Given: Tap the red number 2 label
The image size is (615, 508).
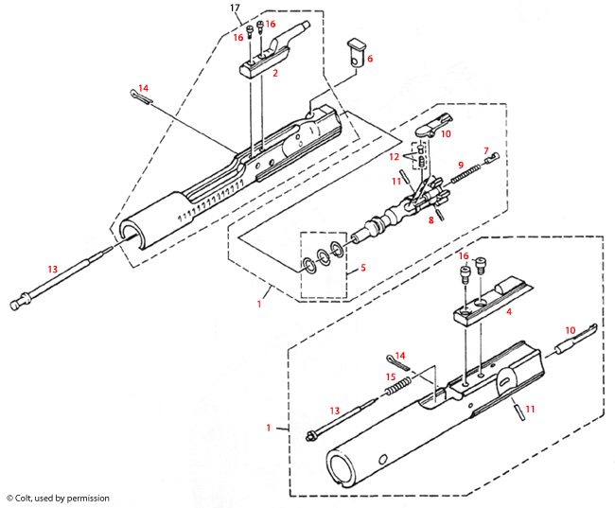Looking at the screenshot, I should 274,72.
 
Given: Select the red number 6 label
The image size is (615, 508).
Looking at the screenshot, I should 370,59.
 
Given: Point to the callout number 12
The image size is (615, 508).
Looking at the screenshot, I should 395,155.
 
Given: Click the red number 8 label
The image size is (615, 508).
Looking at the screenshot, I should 431,219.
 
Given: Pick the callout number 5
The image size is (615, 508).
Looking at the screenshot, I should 363,269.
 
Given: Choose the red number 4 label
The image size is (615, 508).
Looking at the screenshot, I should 509,309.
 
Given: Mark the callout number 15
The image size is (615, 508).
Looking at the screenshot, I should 390,377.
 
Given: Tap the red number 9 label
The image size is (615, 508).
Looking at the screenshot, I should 461,165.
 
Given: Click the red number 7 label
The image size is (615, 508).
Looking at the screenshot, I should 486,150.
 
